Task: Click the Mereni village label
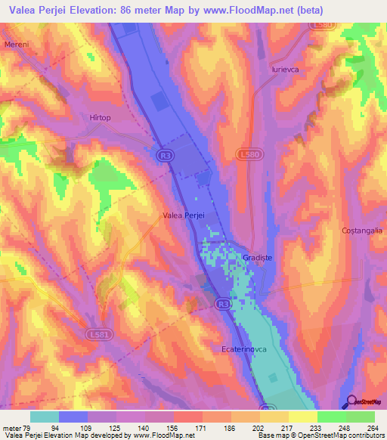[x=16, y=45]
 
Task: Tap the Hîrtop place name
[x=99, y=118]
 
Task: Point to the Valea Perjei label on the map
[x=184, y=215]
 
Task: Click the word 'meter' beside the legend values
[x=13, y=427]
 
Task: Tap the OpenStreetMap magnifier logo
[x=351, y=401]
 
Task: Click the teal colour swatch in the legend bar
[x=44, y=417]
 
